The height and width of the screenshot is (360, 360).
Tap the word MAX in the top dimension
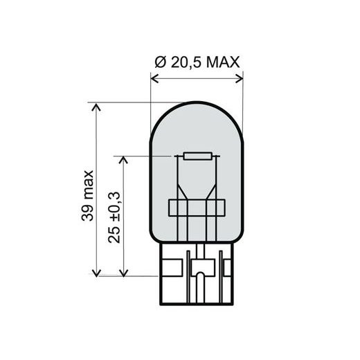[223, 62]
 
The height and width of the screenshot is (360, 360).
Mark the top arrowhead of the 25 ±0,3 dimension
[125, 159]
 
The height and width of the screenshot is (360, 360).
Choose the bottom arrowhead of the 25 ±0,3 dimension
[125, 273]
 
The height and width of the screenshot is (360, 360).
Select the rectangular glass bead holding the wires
[198, 208]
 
